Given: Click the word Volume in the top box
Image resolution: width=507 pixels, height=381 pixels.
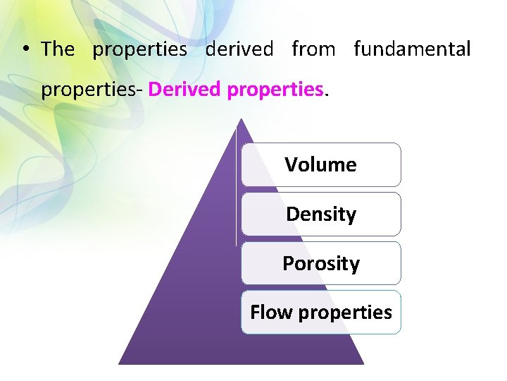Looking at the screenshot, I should coord(320,165).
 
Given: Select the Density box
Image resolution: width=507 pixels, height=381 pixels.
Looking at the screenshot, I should coord(321,214).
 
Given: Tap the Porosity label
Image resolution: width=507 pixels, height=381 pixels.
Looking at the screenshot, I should coord(321,264).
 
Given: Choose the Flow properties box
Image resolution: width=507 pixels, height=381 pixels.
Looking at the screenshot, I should coord(321,313).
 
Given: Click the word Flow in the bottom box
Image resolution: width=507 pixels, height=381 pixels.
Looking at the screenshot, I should coord(265,313).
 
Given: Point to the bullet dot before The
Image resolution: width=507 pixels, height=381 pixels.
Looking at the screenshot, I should coord(25,49).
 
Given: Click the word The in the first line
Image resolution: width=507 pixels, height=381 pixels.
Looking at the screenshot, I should coord(58,49).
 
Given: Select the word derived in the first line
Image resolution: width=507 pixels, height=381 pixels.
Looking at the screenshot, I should coord(239,49).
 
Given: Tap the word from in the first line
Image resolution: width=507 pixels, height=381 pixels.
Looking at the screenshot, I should coord(313,49).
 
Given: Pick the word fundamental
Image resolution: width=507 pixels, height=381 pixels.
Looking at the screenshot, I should coord(412,49).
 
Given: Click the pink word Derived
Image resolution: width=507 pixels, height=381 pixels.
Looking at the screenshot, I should coord(184,90).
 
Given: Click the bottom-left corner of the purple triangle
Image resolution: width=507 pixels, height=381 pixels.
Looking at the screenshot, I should coord(119,363).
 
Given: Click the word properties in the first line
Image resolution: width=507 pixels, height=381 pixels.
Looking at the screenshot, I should coord(140,49).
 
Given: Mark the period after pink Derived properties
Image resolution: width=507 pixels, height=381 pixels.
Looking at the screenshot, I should coord(325,95).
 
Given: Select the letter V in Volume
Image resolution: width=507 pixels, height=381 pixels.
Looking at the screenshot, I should coord(290,165).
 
